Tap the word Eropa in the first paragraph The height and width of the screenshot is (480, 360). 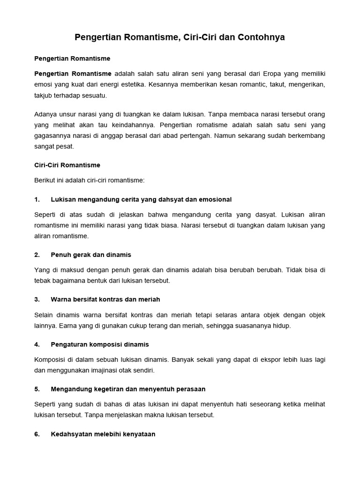click(273, 74)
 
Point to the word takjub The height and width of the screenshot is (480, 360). click(44, 95)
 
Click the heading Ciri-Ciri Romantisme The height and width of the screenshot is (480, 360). click(67, 165)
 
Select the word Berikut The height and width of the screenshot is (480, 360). click(45, 180)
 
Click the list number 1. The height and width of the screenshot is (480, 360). click(37, 199)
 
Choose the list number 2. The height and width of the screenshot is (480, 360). click(37, 255)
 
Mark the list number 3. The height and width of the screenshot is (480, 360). click(37, 299)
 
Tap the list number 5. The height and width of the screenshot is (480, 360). click(37, 389)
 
